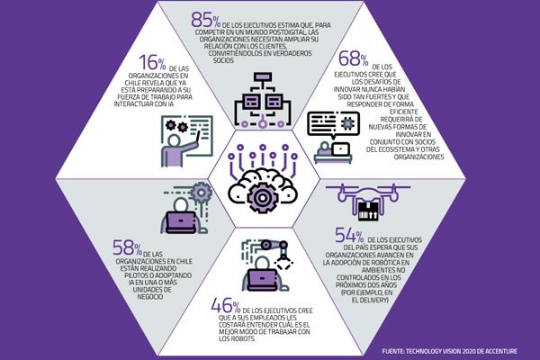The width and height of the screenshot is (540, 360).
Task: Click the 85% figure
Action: tap(205, 20)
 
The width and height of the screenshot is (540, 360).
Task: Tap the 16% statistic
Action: tap(153, 62)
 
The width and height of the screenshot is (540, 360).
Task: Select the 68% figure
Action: tap(354, 58)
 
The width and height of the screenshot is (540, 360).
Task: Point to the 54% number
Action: tap(349, 235)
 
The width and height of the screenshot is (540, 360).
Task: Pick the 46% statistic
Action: tap(226, 305)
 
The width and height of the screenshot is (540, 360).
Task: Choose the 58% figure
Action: tap(128, 247)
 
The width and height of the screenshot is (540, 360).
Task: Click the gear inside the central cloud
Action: tap(263, 198)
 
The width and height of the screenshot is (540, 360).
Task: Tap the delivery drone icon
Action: tap(368, 202)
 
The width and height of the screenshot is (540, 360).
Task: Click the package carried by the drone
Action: tap(368, 211)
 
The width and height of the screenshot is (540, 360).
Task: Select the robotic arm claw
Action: tap(284, 263)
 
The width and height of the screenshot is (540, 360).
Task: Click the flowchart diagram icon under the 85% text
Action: tap(263, 100)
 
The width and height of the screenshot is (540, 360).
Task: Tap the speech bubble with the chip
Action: tap(333, 124)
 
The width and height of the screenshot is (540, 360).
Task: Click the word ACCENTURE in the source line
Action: tap(499, 351)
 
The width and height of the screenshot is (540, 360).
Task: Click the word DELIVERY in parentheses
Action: tap(373, 300)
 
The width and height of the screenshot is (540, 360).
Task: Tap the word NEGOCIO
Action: tap(150, 297)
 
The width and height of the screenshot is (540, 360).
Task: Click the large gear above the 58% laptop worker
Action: tap(201, 193)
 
